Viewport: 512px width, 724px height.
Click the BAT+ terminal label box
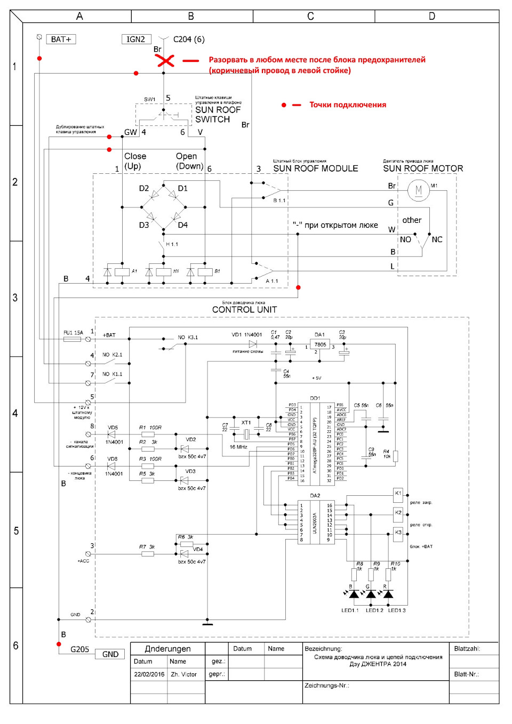pos(61,39)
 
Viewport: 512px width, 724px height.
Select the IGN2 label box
pos(136,39)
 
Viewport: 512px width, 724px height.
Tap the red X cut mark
pos(165,60)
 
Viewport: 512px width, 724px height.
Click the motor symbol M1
pos(418,190)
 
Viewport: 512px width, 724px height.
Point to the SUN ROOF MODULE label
pos(315,168)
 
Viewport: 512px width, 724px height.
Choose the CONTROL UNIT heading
pos(244,310)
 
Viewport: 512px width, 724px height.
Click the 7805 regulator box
pos(320,345)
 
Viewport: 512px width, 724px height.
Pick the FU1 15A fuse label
pos(73,333)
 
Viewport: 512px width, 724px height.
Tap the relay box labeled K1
pos(398,493)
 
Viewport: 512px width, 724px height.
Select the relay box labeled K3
pos(398,533)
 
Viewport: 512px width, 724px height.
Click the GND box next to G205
pos(110,654)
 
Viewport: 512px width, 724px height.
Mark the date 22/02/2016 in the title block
pos(149,674)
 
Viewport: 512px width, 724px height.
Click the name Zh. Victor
pos(183,674)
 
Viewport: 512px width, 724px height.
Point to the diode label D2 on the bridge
pos(144,188)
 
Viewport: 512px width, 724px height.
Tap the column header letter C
pos(311,16)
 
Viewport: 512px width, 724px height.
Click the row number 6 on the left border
pos(15,646)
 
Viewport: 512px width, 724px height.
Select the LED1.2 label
pos(374,610)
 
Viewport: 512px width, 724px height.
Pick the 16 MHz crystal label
pos(238,447)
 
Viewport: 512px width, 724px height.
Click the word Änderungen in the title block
pos(168,649)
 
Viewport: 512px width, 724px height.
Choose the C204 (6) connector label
pos(189,39)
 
